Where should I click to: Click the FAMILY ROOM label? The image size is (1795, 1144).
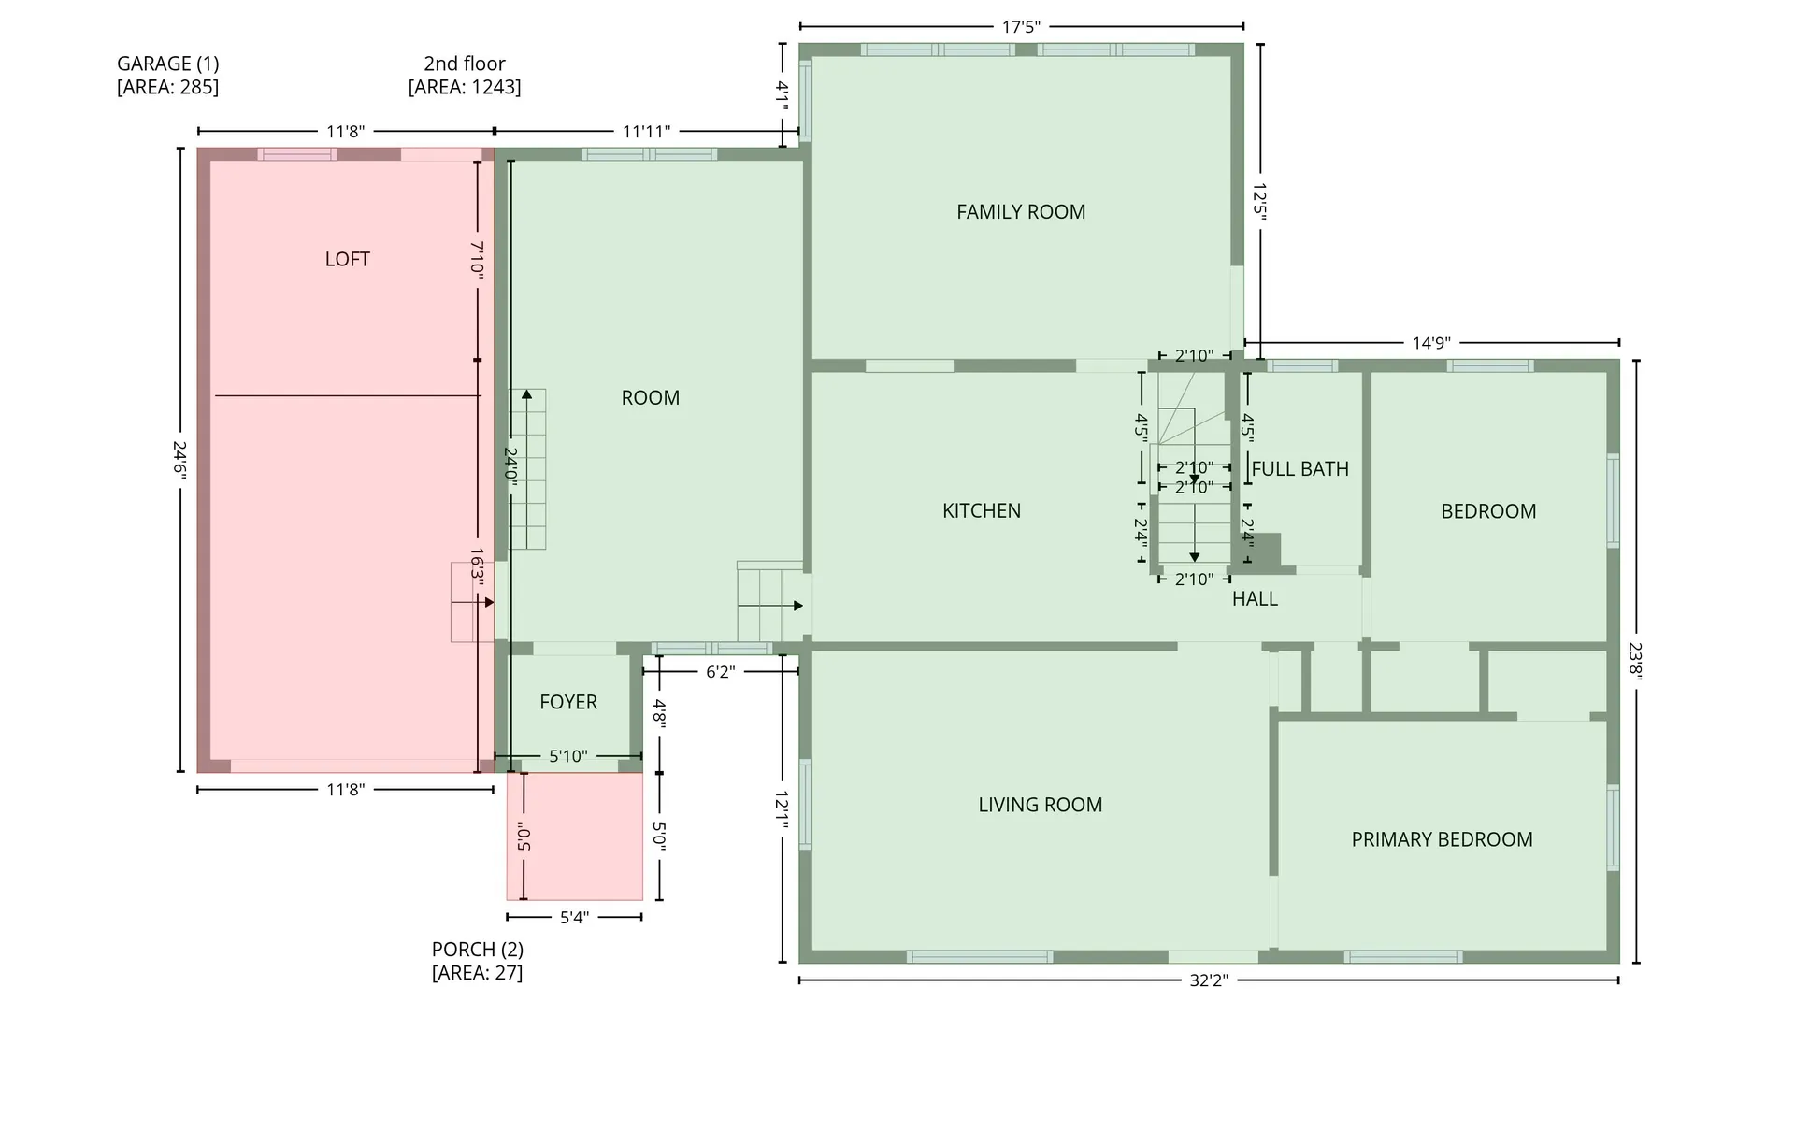(1021, 212)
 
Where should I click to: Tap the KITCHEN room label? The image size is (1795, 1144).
(982, 511)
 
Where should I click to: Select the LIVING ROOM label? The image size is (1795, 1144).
(1041, 805)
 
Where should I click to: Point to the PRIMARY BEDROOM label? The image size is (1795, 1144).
(1442, 839)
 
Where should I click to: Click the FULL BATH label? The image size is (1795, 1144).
(1300, 469)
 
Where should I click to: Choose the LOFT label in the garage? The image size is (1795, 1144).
(348, 259)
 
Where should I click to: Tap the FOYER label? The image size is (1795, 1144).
(568, 702)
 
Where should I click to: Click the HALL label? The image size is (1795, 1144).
(1255, 599)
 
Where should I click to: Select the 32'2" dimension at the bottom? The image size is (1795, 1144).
(1208, 980)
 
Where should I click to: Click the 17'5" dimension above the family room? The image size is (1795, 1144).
(1021, 27)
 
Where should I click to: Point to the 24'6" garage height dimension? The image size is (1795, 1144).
(180, 461)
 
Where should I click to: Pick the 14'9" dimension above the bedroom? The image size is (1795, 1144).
(1431, 343)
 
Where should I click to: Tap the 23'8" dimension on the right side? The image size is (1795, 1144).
(1635, 662)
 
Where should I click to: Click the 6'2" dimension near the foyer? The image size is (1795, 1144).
(720, 672)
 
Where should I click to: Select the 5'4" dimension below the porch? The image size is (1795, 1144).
(574, 918)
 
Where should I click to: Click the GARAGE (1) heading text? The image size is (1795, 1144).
(168, 64)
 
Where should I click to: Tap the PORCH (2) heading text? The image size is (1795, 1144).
(478, 950)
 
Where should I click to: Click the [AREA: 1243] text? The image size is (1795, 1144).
(465, 87)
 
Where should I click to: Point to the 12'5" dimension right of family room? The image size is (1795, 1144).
(1260, 202)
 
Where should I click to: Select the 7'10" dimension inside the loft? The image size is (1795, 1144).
(477, 259)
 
